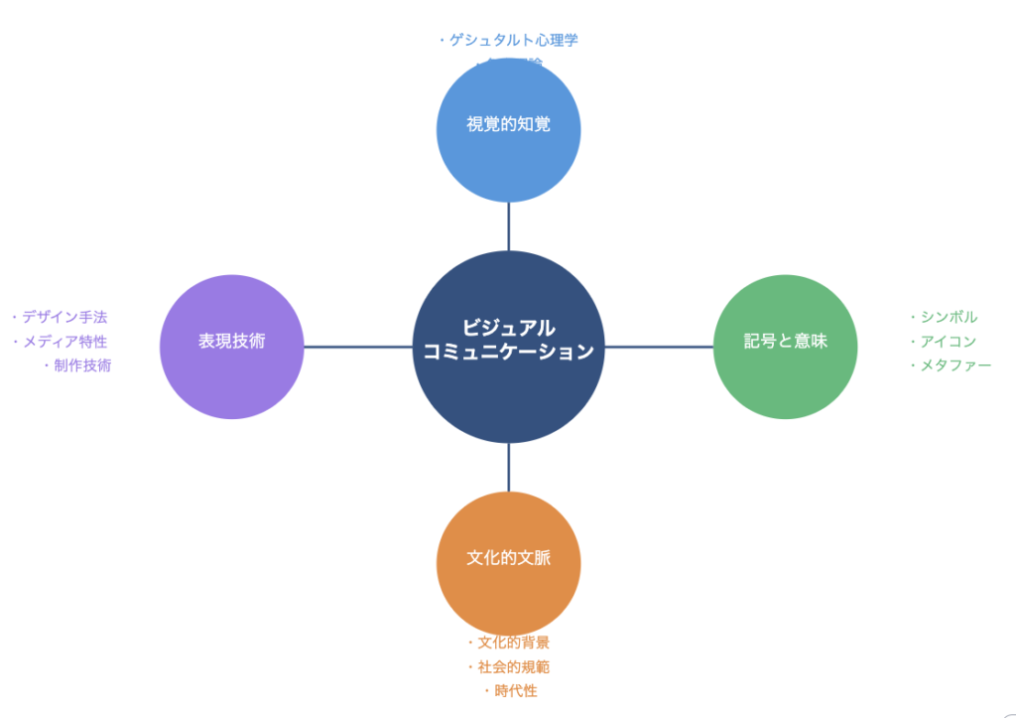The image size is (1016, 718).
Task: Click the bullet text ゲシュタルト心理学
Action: (512, 41)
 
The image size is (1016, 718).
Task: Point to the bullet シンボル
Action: (948, 317)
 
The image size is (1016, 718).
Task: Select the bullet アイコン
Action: (948, 341)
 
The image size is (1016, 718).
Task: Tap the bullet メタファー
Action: (954, 365)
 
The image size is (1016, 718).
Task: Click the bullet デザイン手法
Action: (63, 317)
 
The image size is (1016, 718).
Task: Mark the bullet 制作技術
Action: (81, 365)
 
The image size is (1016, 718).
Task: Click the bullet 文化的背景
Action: (512, 643)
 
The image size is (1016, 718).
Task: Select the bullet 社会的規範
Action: (512, 666)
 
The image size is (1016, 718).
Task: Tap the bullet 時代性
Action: (515, 691)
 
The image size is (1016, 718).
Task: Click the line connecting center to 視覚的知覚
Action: (508, 226)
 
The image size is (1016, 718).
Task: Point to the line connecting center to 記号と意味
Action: (659, 347)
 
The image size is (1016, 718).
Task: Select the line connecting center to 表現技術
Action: (357, 347)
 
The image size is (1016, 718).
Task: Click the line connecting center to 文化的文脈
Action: (508, 467)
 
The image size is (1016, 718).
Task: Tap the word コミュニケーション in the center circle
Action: (508, 352)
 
